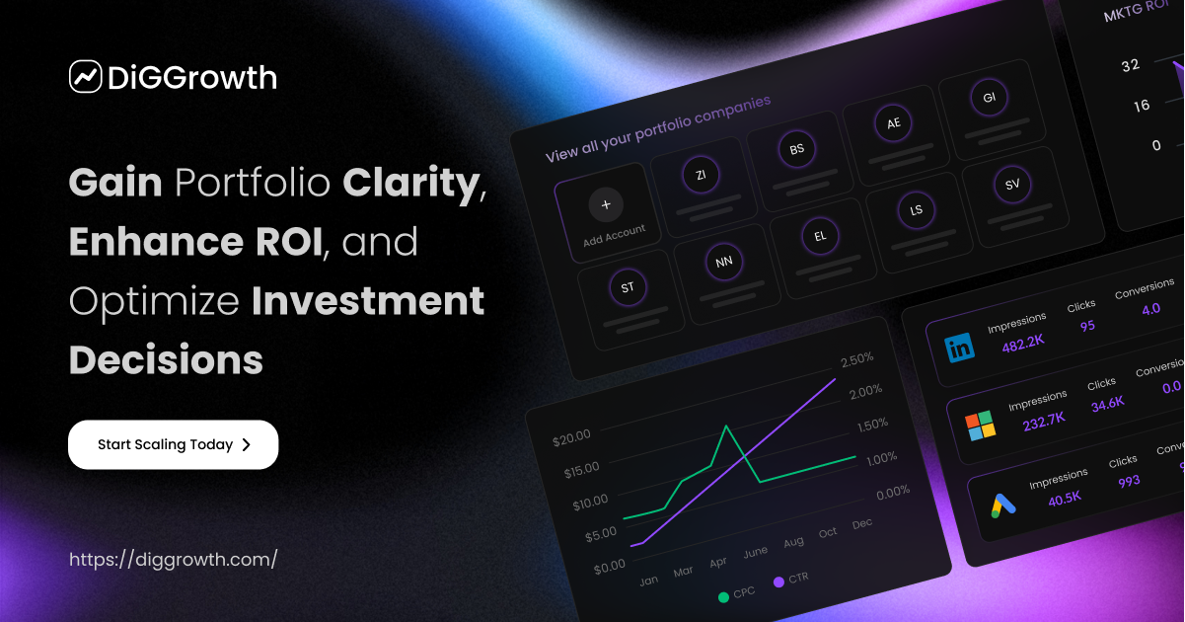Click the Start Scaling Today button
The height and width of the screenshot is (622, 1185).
click(173, 444)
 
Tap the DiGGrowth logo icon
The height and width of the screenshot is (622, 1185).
click(86, 76)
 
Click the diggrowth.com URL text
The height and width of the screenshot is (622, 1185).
click(173, 559)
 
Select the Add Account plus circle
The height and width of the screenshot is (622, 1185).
click(606, 205)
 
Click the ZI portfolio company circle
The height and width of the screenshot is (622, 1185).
click(701, 176)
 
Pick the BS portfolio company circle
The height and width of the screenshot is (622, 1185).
click(796, 150)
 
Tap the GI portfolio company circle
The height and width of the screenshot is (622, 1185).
click(989, 98)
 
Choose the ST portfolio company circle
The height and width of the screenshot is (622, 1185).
click(628, 288)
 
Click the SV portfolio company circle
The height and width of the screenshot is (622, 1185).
click(1012, 185)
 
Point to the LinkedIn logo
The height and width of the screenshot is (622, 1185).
click(959, 348)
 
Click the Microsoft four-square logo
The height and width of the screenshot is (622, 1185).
click(980, 426)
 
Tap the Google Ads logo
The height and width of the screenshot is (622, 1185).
click(1003, 505)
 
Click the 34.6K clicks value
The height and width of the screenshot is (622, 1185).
click(1107, 403)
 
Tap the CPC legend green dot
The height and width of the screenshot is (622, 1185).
click(723, 596)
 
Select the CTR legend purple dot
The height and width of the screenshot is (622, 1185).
click(778, 583)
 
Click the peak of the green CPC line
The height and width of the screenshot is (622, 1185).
click(726, 427)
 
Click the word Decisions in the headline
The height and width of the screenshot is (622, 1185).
click(166, 359)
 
